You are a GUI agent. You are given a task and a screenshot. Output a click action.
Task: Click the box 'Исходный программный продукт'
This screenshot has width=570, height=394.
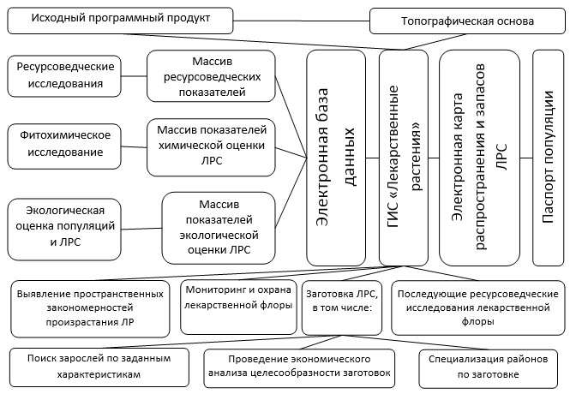120,21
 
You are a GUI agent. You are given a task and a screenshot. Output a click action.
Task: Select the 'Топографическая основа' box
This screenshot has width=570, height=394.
467,21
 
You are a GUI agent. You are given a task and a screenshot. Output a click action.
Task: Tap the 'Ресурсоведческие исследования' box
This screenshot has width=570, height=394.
64,76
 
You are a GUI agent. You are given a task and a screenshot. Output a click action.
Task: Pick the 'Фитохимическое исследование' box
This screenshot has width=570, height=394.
64,146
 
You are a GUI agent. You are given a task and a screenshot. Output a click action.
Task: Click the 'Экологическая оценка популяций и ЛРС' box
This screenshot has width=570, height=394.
64,230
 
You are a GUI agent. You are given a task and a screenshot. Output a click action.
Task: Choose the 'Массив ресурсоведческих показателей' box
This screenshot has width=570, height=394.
211,76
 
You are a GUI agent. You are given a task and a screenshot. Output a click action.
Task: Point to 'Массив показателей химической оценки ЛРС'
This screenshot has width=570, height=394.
211,147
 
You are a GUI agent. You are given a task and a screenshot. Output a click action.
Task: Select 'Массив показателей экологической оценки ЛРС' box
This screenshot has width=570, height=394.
219,228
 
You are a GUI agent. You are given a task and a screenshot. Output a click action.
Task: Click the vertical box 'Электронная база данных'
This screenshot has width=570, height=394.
336,158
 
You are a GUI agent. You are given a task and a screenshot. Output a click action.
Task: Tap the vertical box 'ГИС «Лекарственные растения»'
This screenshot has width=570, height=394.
404,158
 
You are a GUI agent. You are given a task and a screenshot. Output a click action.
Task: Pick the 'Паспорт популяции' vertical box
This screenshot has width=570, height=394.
549,158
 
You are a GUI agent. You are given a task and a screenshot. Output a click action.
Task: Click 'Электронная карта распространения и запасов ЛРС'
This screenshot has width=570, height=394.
479,158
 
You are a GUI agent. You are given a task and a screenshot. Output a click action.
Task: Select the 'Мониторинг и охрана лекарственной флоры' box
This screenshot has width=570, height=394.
238,307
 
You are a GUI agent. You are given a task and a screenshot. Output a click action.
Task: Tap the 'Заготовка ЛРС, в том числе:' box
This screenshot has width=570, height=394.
342,307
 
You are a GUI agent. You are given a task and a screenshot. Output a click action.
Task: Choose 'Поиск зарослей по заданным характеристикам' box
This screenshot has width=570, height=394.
99,367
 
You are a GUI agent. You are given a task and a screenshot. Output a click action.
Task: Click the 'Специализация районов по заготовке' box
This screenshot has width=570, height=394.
489,368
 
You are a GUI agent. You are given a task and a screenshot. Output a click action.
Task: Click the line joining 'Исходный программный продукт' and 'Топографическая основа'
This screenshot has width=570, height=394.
302,21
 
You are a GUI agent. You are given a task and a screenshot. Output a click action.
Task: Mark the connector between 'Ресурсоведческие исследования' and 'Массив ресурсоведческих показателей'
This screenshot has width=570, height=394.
134,76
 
